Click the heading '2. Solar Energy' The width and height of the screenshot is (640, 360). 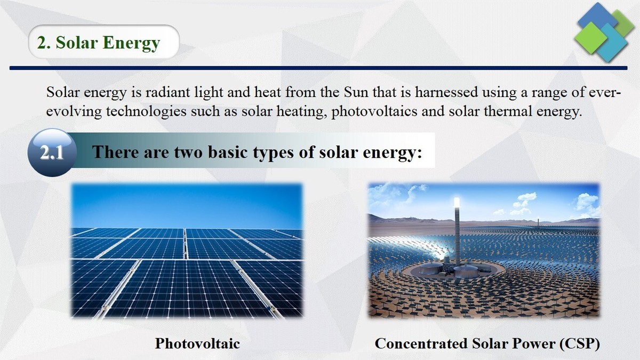tap(99, 42)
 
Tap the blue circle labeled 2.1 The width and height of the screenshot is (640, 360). tap(52, 153)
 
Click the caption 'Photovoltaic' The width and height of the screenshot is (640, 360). tap(197, 343)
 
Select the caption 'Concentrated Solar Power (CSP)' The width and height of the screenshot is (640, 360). tap(487, 343)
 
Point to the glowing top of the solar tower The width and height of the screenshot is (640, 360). tap(457, 202)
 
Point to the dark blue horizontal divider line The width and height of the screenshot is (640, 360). tap(320, 68)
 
